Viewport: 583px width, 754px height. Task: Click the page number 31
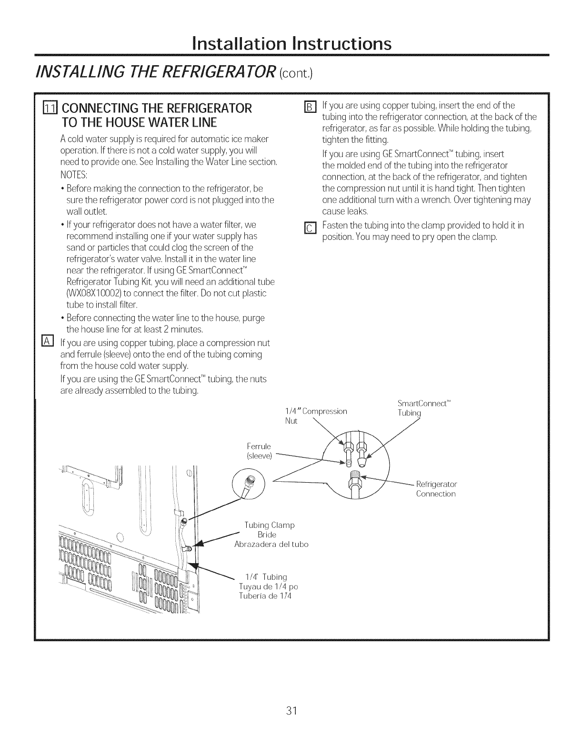[x=291, y=711]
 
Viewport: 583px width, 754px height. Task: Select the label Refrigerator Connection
[x=436, y=489]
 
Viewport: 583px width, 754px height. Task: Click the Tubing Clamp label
[x=270, y=525]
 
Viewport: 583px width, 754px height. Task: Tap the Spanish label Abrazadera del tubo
[x=271, y=544]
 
